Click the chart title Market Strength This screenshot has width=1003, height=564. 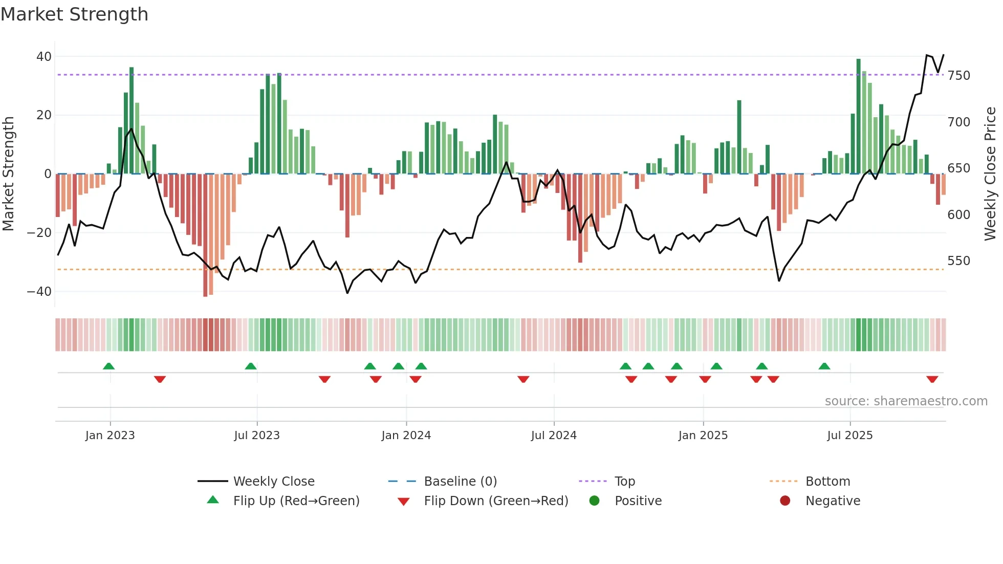(x=74, y=14)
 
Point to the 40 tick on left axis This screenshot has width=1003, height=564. (x=44, y=57)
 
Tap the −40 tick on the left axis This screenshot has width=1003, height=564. (x=39, y=292)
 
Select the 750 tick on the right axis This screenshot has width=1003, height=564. (x=958, y=76)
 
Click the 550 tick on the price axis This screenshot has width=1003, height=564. (x=958, y=261)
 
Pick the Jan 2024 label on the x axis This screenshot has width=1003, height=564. (x=406, y=436)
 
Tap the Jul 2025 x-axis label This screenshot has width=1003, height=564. (x=849, y=436)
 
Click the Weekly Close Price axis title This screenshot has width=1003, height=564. (x=990, y=174)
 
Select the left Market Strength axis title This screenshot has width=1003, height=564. (x=8, y=174)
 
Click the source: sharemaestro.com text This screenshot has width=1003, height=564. (x=906, y=401)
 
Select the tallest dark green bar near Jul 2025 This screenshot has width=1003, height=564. (x=859, y=116)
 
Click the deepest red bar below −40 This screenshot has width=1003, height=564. (x=205, y=235)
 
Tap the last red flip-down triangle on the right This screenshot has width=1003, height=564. (x=932, y=379)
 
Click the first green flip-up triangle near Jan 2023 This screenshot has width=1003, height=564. (x=108, y=366)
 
